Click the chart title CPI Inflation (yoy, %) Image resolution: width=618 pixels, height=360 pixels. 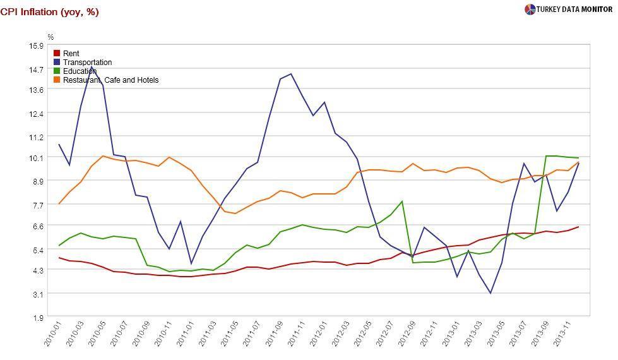coord(49,12)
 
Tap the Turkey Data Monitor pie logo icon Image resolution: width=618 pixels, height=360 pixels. coord(530,9)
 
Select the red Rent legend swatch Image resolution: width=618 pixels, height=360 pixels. coord(57,54)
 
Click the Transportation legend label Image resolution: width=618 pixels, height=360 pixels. coord(87,63)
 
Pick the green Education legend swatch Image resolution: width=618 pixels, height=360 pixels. coord(57,71)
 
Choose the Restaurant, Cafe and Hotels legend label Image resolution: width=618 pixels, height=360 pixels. coord(110,80)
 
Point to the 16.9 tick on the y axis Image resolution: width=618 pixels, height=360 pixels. coord(36,45)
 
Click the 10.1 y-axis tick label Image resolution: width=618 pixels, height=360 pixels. coord(36,157)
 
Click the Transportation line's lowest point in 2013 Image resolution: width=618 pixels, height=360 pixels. coord(490,293)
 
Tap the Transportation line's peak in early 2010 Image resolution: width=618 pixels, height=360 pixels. coord(92,66)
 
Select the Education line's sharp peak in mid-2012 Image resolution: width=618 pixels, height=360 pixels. coord(402,201)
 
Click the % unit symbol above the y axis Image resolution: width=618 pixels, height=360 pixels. coord(51,37)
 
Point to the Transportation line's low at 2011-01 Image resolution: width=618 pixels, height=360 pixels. coord(191,264)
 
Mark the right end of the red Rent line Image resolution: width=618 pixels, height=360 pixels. coord(578,227)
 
